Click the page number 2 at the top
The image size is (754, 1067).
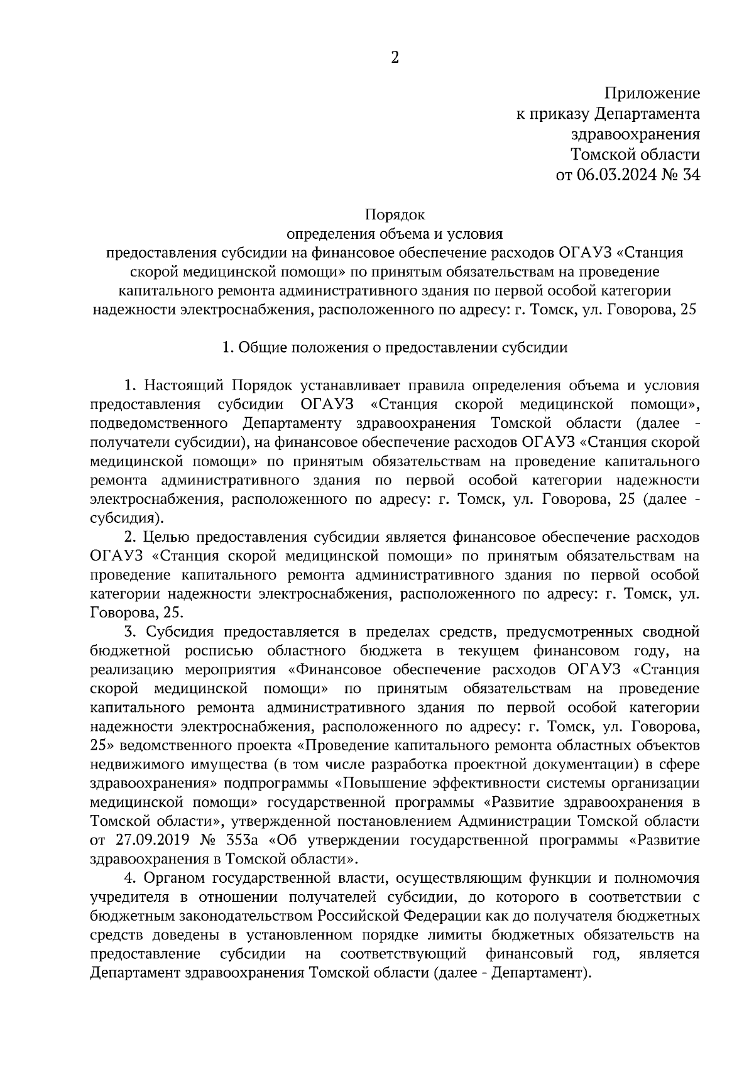[395, 58]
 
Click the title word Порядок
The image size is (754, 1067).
[395, 215]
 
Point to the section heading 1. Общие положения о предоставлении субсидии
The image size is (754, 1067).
[395, 347]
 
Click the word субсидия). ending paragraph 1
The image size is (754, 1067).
[126, 518]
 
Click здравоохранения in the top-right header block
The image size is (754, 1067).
[635, 134]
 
